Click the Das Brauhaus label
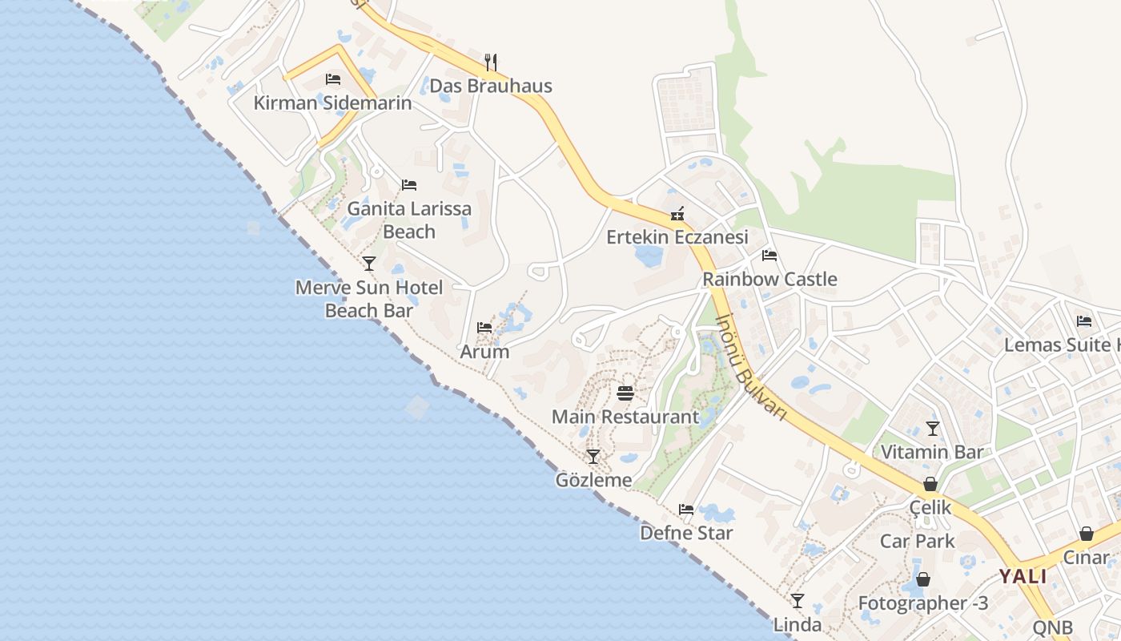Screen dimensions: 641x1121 (x=491, y=86)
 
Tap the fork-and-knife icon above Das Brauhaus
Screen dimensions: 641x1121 (x=491, y=61)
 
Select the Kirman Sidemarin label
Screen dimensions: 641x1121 (x=332, y=103)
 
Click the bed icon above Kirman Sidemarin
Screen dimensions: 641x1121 (x=333, y=79)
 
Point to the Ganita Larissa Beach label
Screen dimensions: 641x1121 (x=409, y=220)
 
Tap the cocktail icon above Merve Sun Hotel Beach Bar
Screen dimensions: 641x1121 (x=369, y=263)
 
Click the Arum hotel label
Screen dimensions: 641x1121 (x=484, y=352)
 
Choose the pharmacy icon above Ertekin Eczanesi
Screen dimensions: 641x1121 (x=677, y=213)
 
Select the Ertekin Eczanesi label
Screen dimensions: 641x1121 (x=677, y=237)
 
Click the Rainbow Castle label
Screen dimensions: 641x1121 (x=769, y=280)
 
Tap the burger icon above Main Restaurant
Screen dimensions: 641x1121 (x=625, y=393)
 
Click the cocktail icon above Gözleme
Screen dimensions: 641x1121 (x=593, y=457)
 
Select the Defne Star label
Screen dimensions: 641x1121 (x=686, y=533)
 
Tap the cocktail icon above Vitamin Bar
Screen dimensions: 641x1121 (x=932, y=428)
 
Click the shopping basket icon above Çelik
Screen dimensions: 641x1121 (x=930, y=484)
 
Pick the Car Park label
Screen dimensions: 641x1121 (x=918, y=542)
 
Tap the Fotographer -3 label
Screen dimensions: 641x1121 (x=923, y=603)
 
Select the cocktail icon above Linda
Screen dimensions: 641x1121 (x=798, y=600)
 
